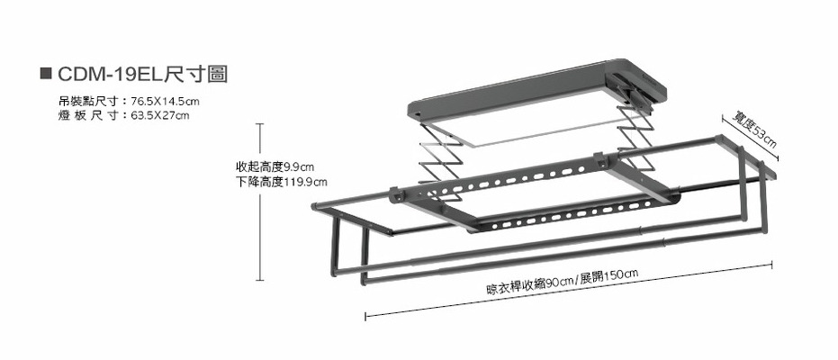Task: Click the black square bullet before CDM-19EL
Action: coord(47,74)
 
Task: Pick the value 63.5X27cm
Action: coord(159,115)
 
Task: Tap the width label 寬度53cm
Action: coord(754,130)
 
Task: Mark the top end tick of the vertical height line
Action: coord(261,124)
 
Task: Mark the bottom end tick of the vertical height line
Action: coord(261,281)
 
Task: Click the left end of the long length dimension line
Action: coord(365,316)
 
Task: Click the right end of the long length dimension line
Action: coord(772,264)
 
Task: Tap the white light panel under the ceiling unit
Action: coord(531,121)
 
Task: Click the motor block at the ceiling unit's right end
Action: coord(635,86)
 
